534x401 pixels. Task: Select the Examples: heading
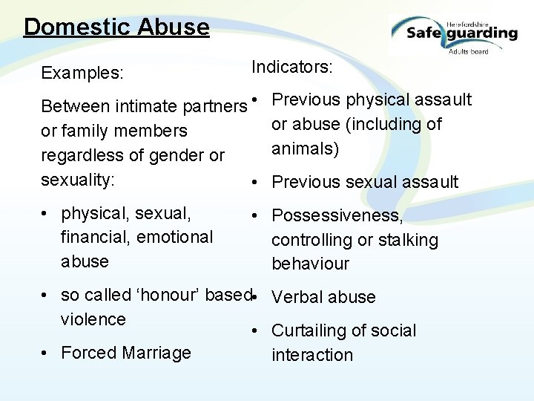click(x=82, y=74)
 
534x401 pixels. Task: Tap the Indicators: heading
click(x=292, y=67)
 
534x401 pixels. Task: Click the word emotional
click(x=176, y=238)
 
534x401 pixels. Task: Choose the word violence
click(x=93, y=319)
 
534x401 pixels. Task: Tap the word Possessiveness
click(x=337, y=216)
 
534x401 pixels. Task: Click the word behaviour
click(x=310, y=264)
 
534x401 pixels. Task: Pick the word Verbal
click(x=297, y=297)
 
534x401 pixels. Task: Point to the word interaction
click(x=312, y=355)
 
